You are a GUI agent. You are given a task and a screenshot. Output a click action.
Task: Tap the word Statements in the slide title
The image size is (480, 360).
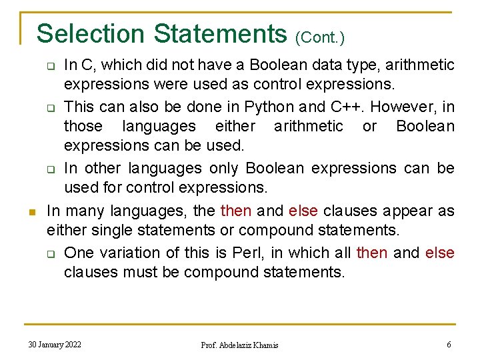tap(219, 33)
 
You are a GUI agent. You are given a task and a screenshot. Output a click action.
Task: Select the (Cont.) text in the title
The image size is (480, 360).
tap(320, 37)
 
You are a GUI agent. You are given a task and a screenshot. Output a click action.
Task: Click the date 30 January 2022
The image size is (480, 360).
tap(55, 344)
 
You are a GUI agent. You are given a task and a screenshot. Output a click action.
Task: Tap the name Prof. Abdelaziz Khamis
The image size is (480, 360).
tap(240, 345)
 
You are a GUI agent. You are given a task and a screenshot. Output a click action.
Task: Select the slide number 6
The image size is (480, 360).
tap(449, 344)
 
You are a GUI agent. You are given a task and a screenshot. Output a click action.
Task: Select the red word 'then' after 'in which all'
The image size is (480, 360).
tap(372, 253)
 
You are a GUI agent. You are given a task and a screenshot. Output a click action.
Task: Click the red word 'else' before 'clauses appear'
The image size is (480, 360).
tap(304, 211)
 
